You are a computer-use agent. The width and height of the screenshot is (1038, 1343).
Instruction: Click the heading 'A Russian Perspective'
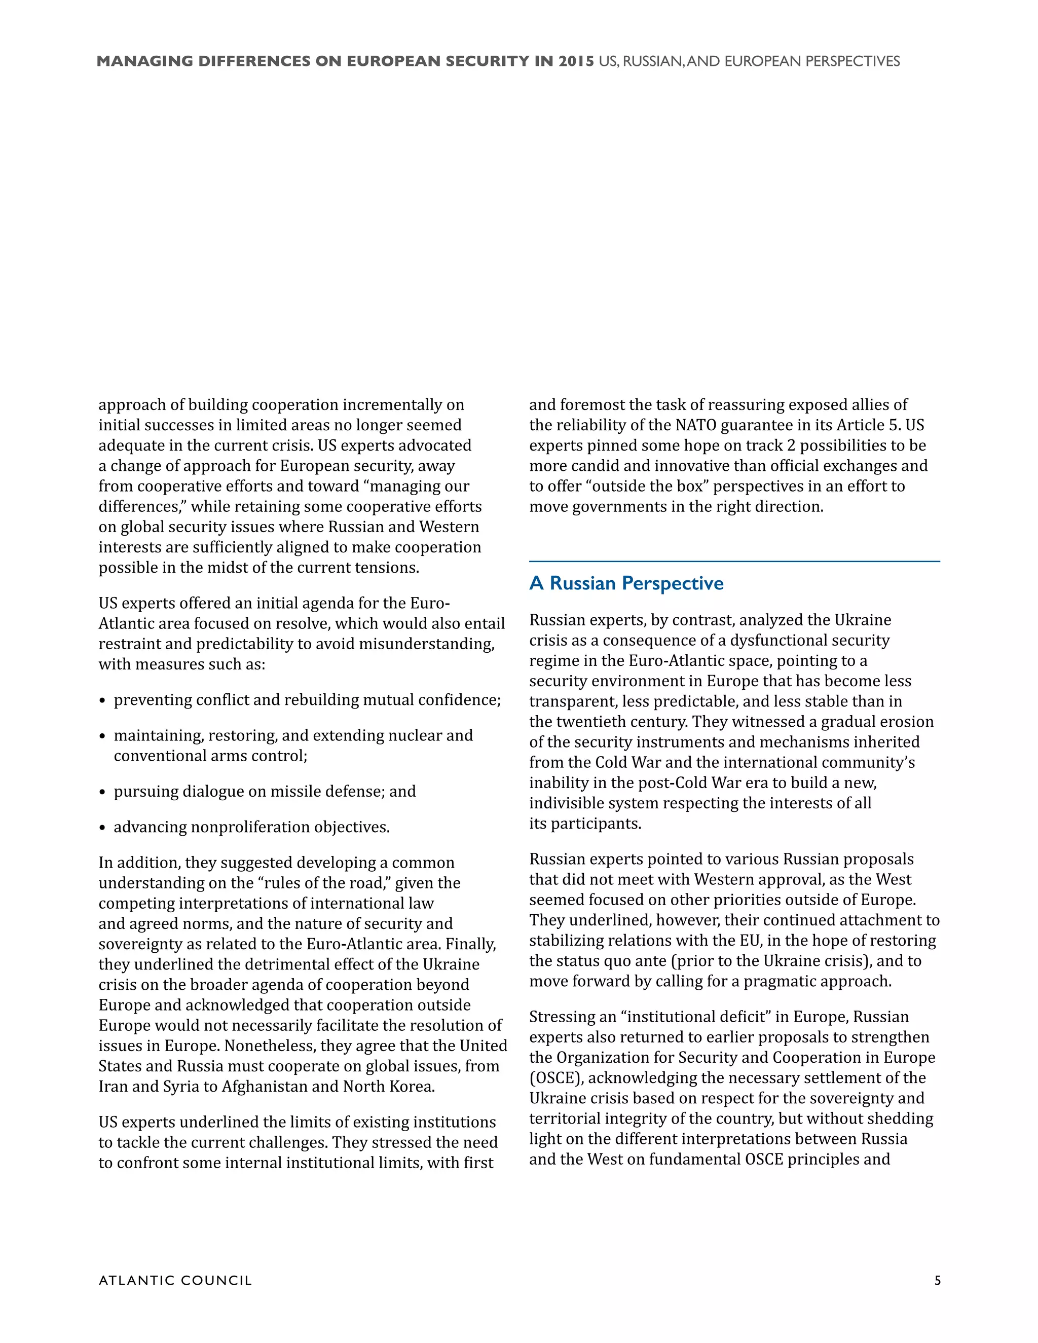point(626,583)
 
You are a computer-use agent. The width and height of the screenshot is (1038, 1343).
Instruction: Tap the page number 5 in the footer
point(937,1280)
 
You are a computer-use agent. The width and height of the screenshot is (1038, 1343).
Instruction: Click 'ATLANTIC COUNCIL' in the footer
point(175,1280)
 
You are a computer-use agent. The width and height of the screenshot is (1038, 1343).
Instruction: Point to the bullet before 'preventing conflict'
point(103,701)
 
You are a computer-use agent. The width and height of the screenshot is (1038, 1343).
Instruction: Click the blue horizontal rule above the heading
point(734,562)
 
